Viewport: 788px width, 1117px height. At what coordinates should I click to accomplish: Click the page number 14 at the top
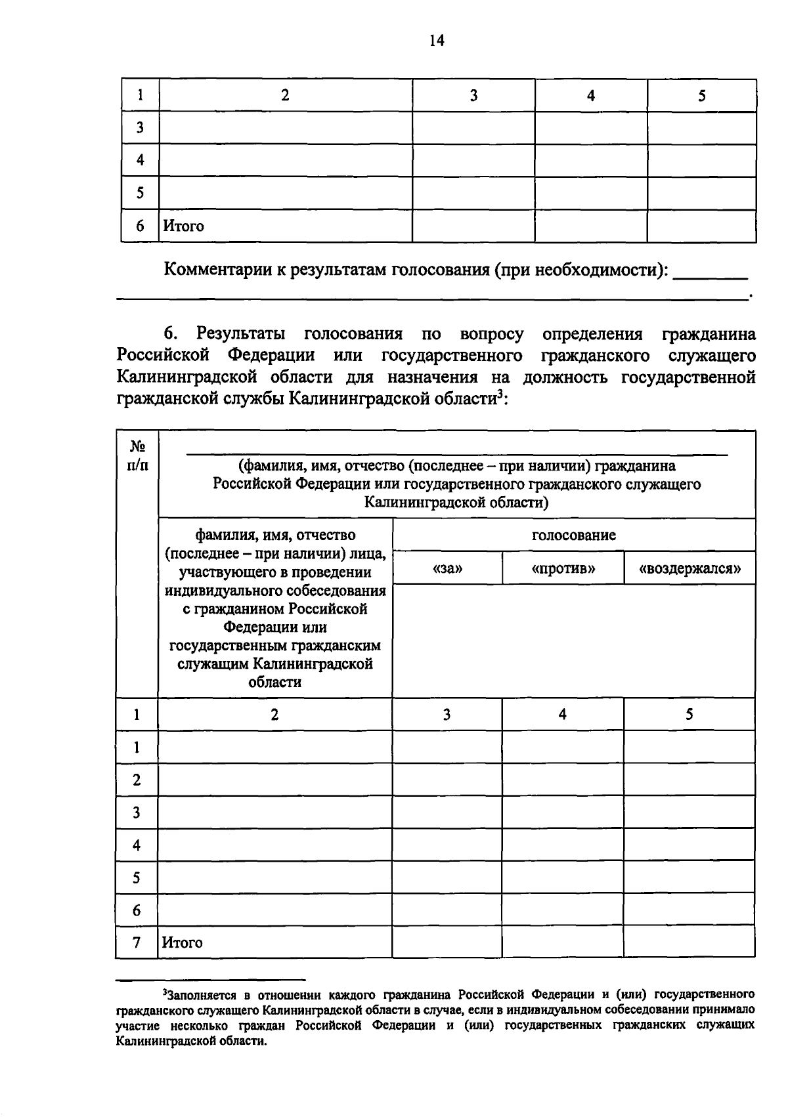[437, 41]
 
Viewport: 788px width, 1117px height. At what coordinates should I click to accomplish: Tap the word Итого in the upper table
[183, 226]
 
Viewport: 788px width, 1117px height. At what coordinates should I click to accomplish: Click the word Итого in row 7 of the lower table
[183, 943]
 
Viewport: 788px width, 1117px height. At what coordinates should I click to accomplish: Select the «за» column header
[447, 568]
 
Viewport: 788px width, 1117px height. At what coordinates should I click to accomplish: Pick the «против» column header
[563, 568]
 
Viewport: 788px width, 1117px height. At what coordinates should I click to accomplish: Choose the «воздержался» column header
[689, 568]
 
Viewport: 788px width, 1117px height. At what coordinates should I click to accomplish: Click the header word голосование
[573, 535]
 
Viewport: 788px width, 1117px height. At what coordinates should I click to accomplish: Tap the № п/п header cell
[137, 455]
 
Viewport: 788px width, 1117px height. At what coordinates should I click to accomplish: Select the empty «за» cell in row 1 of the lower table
[447, 747]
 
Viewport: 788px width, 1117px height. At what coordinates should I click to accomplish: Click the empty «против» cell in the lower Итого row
[563, 942]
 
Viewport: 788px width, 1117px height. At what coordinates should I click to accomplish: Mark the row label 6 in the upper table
[140, 226]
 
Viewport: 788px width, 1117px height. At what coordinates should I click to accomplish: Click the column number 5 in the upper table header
[701, 96]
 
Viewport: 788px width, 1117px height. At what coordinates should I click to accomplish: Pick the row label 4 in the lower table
[137, 845]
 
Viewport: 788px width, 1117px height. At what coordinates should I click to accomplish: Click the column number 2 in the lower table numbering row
[274, 715]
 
